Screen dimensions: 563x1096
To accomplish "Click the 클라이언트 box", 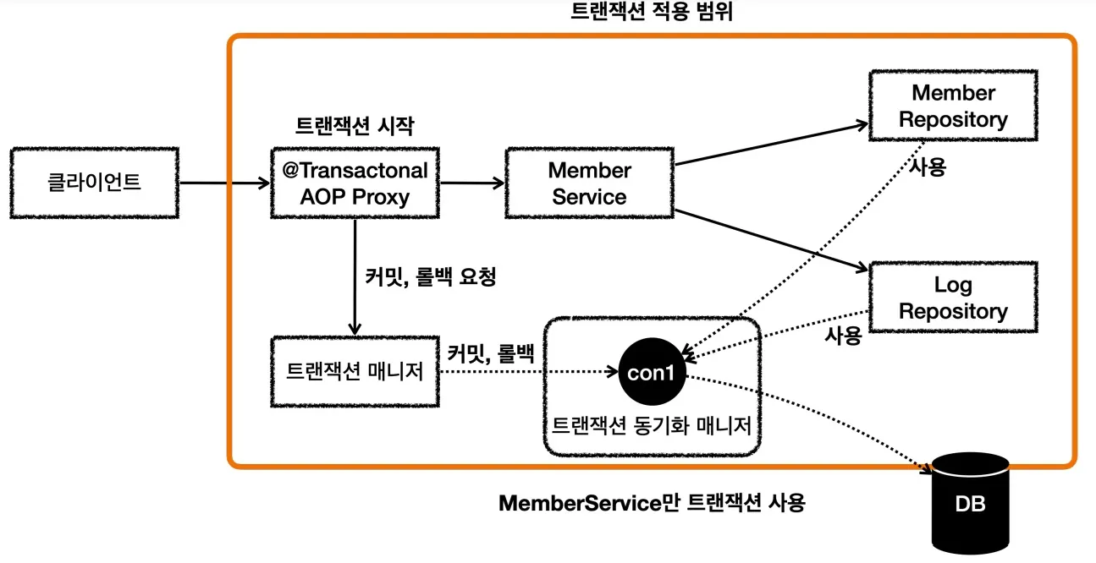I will pyautogui.click(x=94, y=183).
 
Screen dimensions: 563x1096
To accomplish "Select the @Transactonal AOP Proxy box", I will pyautogui.click(x=355, y=183).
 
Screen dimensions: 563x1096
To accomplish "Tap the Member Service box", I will pyautogui.click(x=589, y=183).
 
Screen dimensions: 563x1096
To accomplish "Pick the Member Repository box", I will pyautogui.click(x=953, y=106).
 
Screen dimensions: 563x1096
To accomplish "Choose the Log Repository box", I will pyautogui.click(x=953, y=298).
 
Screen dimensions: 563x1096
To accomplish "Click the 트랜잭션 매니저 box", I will pyautogui.click(x=355, y=371).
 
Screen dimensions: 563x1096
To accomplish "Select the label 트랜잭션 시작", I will pyautogui.click(x=354, y=125).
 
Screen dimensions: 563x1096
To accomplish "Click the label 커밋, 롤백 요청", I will pyautogui.click(x=430, y=276).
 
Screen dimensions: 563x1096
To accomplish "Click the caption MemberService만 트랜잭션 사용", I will pyautogui.click(x=652, y=504).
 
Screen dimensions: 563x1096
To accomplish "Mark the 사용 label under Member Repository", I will pyautogui.click(x=928, y=167).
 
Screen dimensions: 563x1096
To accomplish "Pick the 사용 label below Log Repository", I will pyautogui.click(x=843, y=336).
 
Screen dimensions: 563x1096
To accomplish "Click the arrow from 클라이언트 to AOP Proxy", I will pyautogui.click(x=225, y=183).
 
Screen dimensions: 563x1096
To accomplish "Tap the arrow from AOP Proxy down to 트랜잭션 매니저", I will pyautogui.click(x=355, y=275).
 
